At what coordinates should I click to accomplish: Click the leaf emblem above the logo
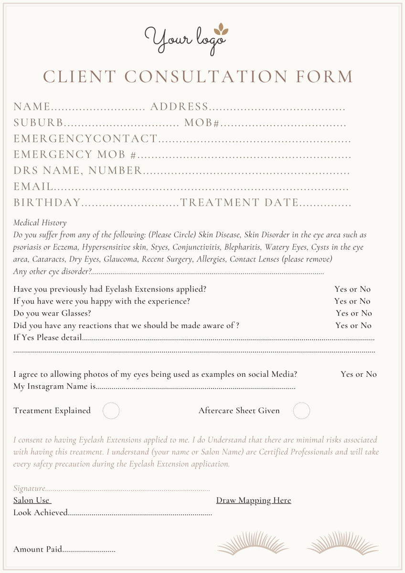pos(221,30)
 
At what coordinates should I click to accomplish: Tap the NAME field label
pos(32,106)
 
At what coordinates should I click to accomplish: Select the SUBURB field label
pos(38,123)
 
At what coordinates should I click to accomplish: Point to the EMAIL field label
pos(33,187)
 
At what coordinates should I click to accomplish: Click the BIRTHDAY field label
pos(47,202)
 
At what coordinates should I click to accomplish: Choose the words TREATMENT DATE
pos(240,202)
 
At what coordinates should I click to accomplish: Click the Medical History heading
pos(40,223)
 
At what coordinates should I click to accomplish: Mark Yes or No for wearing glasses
pos(353,313)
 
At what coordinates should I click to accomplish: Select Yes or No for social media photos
pos(358,374)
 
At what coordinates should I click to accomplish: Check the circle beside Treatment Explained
pos(111,411)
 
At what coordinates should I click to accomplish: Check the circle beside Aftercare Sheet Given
pos(301,411)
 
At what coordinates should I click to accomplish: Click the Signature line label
pos(29,488)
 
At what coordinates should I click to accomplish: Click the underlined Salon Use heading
pos(32,500)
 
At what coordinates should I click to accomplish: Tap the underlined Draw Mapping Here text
pos(253,500)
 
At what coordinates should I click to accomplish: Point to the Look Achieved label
pos(40,512)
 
